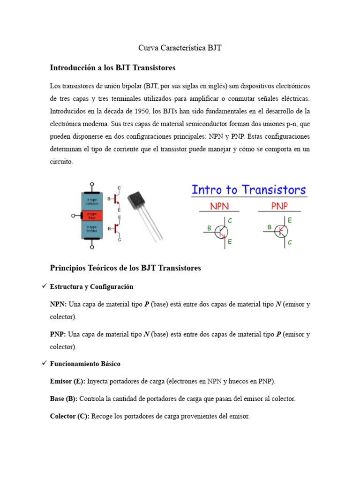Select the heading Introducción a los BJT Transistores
pos(112,68)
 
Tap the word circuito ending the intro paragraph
pos(61,162)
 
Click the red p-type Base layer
pos(95,216)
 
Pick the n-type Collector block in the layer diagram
pos(95,201)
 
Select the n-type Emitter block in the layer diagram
pos(95,230)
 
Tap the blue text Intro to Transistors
pos(248,190)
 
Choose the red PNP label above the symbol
pos(279,206)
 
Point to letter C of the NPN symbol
pos(230,220)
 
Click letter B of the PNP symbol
pos(270,227)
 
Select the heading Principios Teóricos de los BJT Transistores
pos(125,268)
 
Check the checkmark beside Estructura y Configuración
pos(44,286)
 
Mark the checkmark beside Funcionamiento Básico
pos(44,363)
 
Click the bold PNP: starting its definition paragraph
pos(58,335)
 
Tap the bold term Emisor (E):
pos(67,381)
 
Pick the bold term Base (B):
pos(64,399)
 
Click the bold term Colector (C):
pos(69,416)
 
